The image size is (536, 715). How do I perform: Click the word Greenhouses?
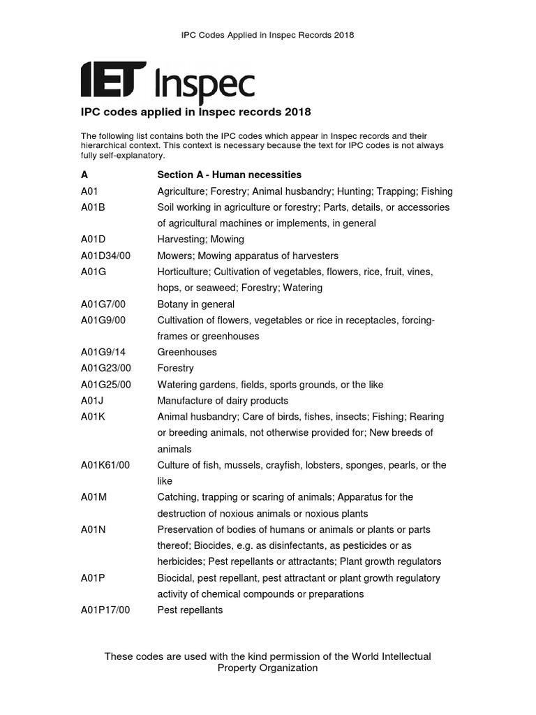click(187, 352)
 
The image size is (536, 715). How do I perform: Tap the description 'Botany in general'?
click(196, 304)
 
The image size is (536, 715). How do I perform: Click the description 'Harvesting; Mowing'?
click(201, 239)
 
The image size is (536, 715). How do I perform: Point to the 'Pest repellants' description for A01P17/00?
click(191, 610)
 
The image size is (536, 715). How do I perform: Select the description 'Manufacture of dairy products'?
click(223, 401)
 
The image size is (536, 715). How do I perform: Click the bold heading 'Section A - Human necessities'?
click(230, 175)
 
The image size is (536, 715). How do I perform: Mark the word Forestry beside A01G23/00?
click(176, 368)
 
